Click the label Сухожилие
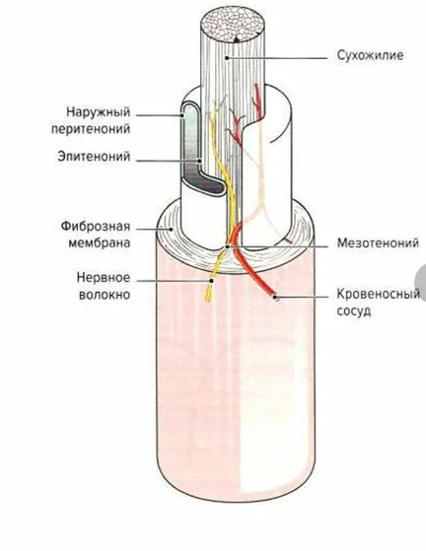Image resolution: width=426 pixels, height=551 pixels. tap(370, 55)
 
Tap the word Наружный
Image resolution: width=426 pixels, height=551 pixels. tap(98, 112)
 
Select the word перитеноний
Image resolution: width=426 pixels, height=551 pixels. tap(91, 128)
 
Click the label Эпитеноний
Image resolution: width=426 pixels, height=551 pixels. tap(94, 157)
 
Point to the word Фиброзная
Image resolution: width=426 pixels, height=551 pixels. tap(96, 227)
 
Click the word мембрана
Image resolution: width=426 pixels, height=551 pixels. tap(100, 242)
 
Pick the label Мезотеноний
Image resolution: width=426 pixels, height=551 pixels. tap(378, 242)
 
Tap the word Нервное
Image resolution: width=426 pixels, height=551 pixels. tap(104, 278)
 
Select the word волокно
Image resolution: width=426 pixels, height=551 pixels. tap(105, 295)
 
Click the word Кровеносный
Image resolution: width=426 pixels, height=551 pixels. tap(379, 294)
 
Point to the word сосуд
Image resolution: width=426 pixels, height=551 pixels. tap(354, 311)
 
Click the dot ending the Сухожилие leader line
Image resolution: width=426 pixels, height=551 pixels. tap(228, 58)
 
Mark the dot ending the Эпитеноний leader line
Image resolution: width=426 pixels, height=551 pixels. tap(200, 161)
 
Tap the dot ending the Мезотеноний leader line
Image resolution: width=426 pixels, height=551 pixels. tap(228, 246)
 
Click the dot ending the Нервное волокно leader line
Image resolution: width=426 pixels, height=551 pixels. tap(212, 281)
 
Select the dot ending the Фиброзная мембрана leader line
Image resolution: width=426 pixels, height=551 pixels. tap(172, 230)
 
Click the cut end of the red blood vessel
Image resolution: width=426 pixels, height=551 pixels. tap(275, 298)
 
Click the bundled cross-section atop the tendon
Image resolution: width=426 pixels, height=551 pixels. tap(233, 24)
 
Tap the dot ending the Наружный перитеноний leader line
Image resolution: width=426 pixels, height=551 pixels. tap(182, 115)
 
